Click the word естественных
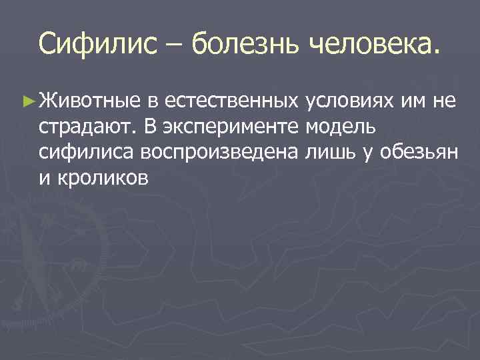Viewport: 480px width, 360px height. pyautogui.click(x=231, y=101)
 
